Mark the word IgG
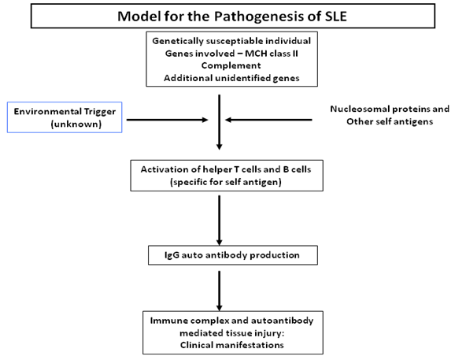pos(165,255)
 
